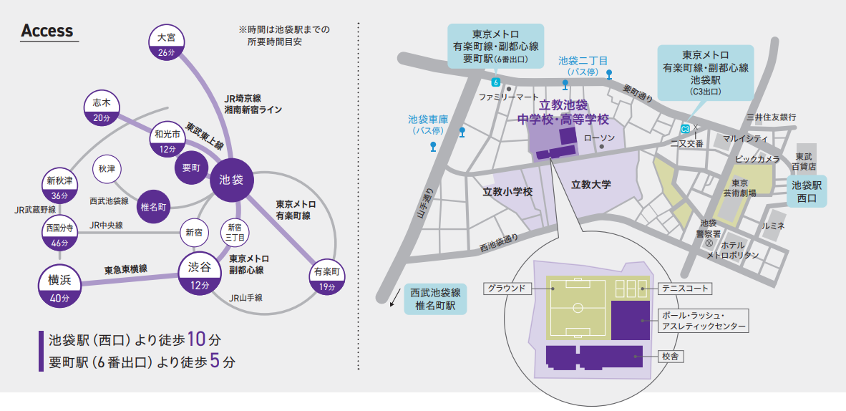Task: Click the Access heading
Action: pos(47,31)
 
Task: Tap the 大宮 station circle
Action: pos(166,44)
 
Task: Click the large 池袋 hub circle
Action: pos(231,179)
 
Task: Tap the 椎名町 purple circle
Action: pos(154,207)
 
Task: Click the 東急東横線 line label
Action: pos(126,270)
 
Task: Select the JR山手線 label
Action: pos(245,297)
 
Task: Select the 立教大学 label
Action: pos(591,185)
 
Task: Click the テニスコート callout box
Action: pos(685,289)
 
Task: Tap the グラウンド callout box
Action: pos(507,289)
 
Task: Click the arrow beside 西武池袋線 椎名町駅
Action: pos(394,296)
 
